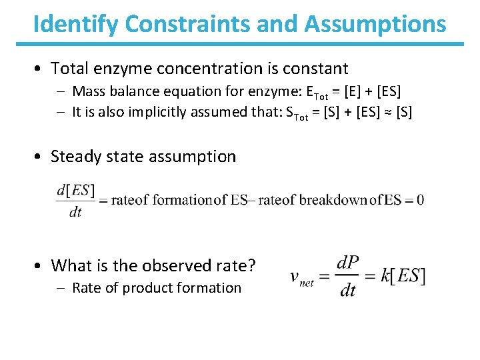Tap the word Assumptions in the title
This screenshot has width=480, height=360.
click(376, 24)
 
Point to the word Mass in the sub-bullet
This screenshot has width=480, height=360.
click(88, 91)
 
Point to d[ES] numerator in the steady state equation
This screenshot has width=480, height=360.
click(76, 190)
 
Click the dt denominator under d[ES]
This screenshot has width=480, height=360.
click(75, 212)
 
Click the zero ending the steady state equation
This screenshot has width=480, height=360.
click(420, 200)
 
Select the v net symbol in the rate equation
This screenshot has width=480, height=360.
click(302, 277)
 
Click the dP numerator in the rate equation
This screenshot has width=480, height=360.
click(348, 263)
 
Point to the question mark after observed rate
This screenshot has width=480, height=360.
click(251, 266)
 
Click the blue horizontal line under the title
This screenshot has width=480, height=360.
click(240, 44)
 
